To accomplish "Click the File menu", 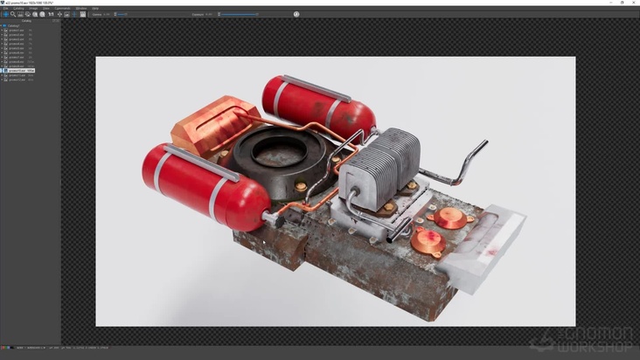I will pos(6,8).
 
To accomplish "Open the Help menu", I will pos(95,8).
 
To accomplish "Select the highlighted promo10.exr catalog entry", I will pos(19,71).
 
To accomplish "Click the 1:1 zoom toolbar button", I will pos(51,14).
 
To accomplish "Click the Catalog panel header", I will pos(26,21).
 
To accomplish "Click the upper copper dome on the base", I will pos(450,217).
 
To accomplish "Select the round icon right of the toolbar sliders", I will pos(296,14).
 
